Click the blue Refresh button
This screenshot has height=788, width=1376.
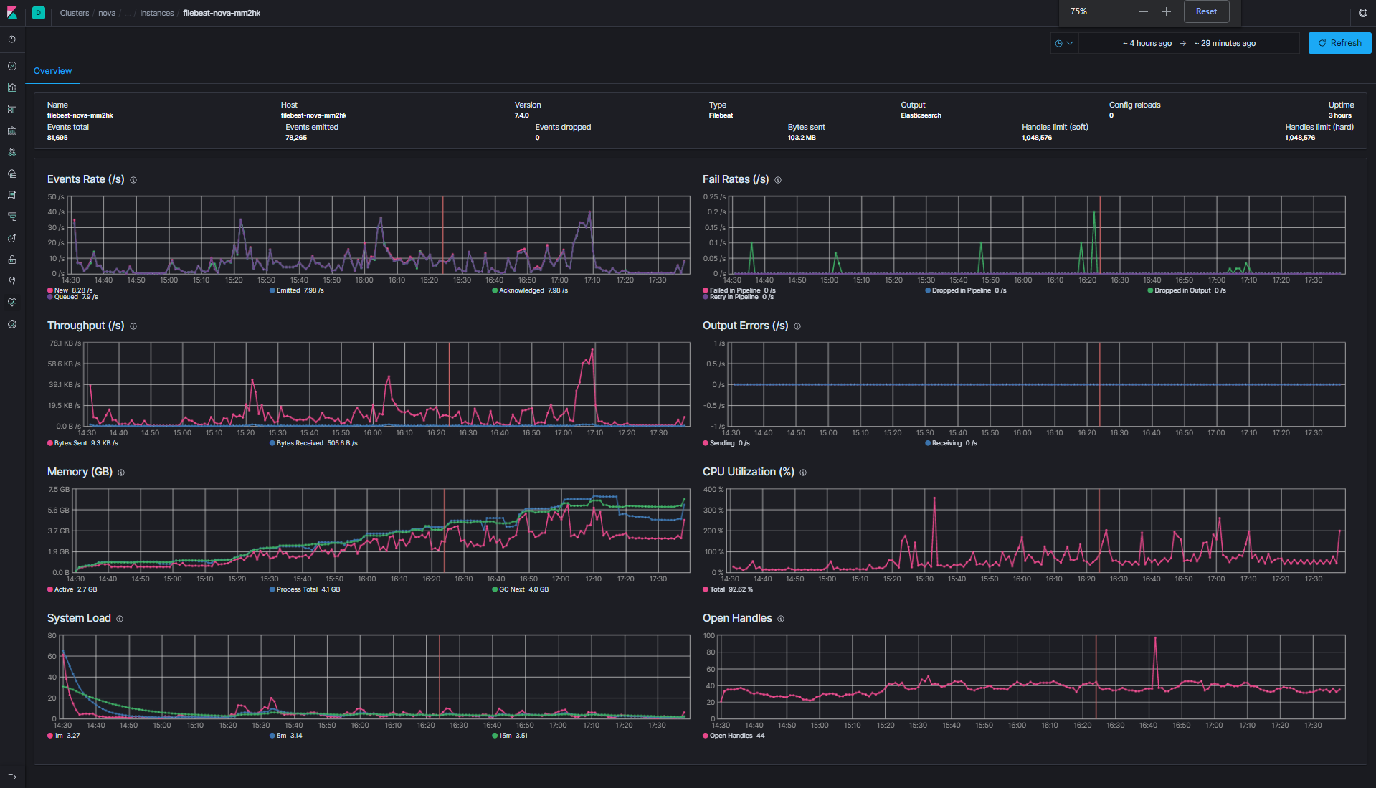coord(1339,43)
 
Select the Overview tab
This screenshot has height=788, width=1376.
coord(52,71)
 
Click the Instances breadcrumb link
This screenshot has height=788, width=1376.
coord(156,13)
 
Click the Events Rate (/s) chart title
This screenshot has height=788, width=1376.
coord(85,179)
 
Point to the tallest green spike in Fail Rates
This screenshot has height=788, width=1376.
coord(1093,213)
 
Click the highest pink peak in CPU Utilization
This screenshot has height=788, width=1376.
coord(934,498)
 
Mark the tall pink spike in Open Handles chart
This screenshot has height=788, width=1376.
coord(1154,638)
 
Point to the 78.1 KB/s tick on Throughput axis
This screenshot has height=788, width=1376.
coord(65,343)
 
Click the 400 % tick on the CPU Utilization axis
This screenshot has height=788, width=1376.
coord(713,490)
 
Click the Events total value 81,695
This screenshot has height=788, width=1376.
coord(57,138)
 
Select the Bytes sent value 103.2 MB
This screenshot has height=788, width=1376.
coord(801,138)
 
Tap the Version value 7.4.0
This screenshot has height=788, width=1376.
coord(521,115)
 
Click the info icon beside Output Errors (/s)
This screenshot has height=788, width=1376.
coord(797,326)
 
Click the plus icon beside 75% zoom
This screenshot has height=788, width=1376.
coord(1167,11)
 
